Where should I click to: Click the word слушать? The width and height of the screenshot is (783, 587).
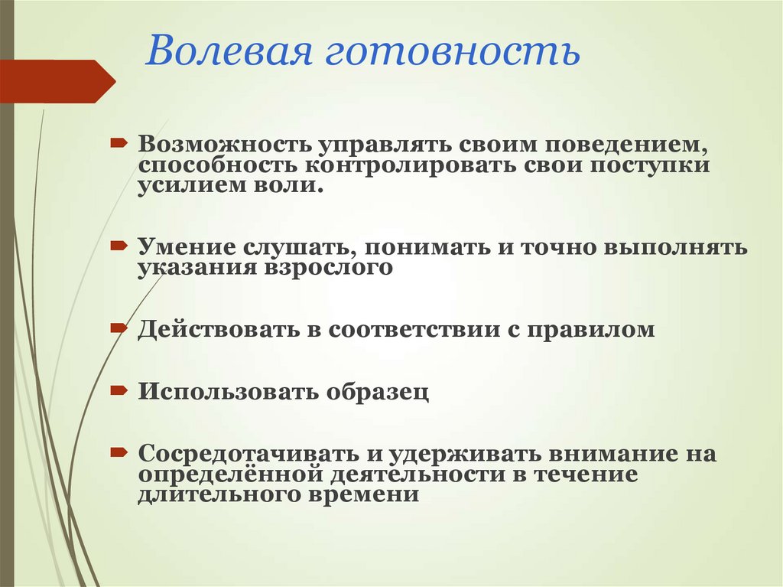[x=294, y=248]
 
